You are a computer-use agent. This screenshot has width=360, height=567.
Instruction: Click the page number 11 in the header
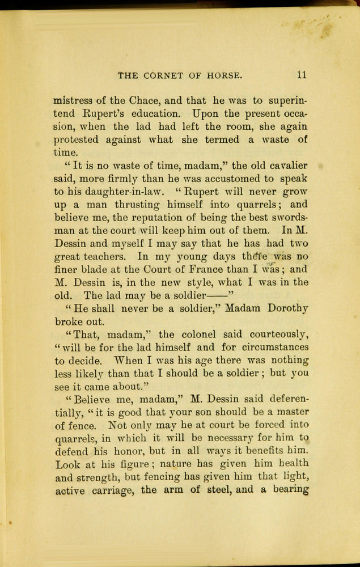coord(301,74)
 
